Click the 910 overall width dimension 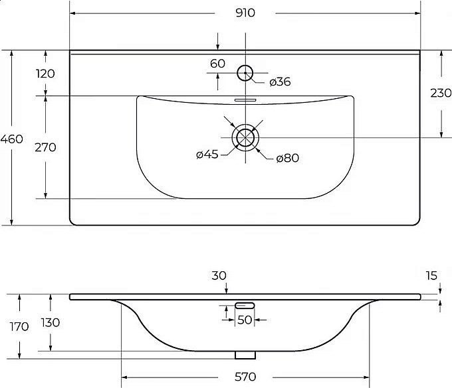[245, 13]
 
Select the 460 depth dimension [11, 139]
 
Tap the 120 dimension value [45, 74]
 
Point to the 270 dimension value [45, 147]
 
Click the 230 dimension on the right [441, 93]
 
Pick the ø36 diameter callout [280, 82]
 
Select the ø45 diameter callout [207, 155]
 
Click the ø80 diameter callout [287, 158]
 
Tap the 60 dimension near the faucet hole [217, 64]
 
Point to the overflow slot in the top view [245, 100]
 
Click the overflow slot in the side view [245, 305]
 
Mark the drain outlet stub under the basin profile [245, 356]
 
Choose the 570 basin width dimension [245, 377]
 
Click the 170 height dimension [19, 327]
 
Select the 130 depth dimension [50, 323]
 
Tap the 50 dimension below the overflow [245, 320]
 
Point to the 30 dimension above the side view [219, 276]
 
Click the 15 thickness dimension [431, 276]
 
